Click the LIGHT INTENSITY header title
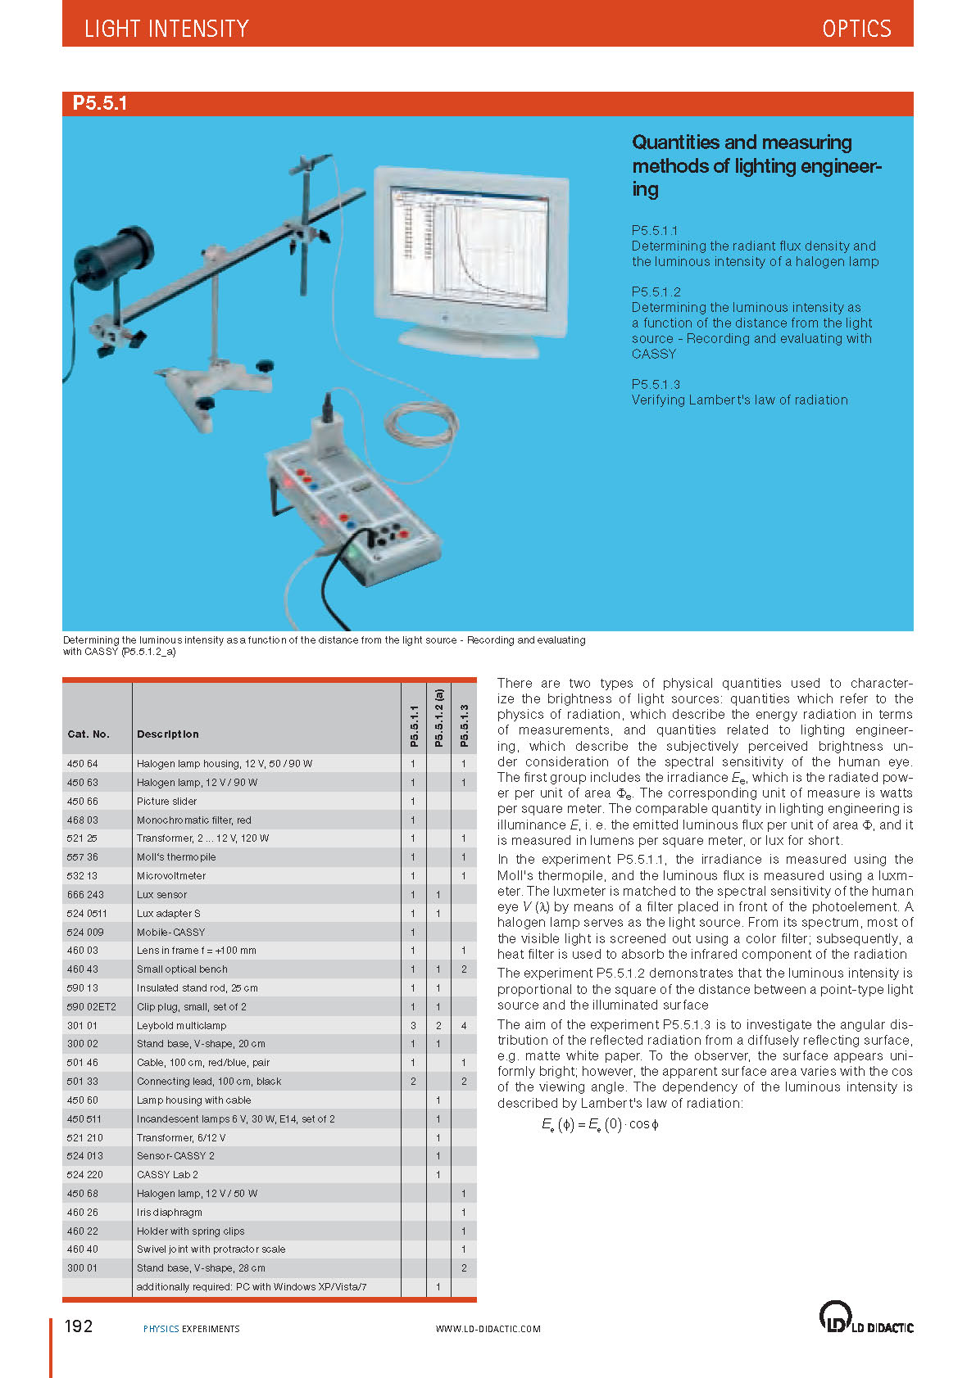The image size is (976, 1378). point(166,29)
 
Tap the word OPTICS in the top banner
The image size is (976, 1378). point(856,29)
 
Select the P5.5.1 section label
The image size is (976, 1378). point(100,103)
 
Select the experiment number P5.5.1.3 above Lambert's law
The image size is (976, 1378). point(656,384)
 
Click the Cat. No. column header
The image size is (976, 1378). point(89,734)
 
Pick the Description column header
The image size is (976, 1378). point(168,734)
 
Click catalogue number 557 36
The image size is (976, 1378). point(83,857)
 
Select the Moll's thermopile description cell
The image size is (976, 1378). point(176,857)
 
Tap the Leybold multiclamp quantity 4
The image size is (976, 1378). point(464,1025)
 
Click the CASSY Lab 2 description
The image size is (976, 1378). point(167,1174)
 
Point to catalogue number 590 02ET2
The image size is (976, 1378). point(92,1006)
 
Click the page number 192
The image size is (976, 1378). point(79,1326)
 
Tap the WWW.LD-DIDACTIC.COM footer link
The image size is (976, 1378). point(488,1329)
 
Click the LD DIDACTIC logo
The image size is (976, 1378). point(866,1317)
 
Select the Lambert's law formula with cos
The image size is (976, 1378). point(600,1125)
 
